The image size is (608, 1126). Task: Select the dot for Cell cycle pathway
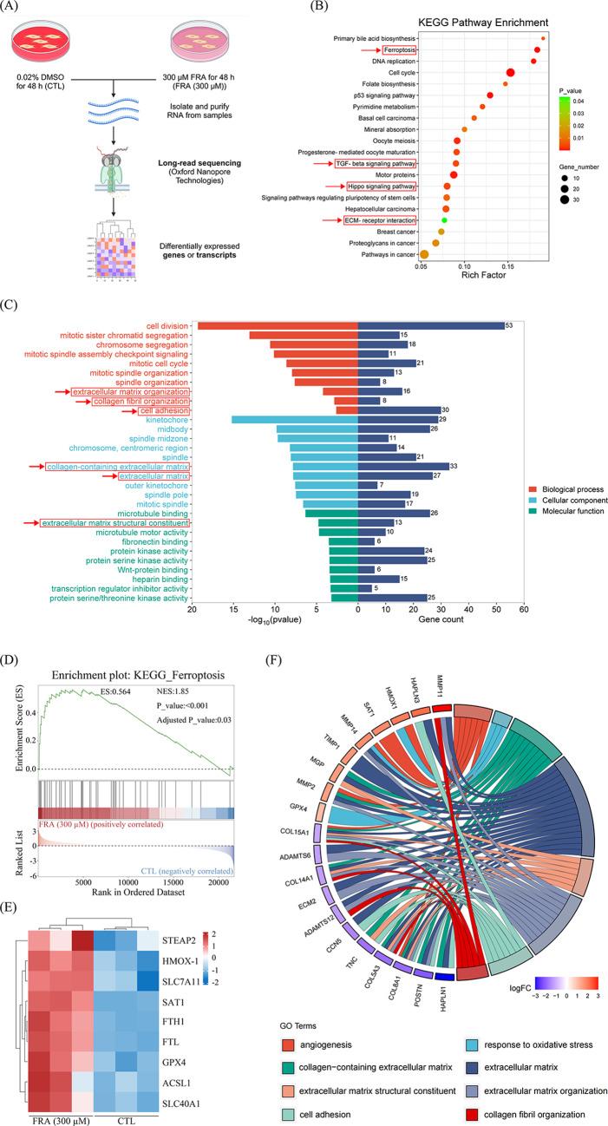pyautogui.click(x=511, y=73)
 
